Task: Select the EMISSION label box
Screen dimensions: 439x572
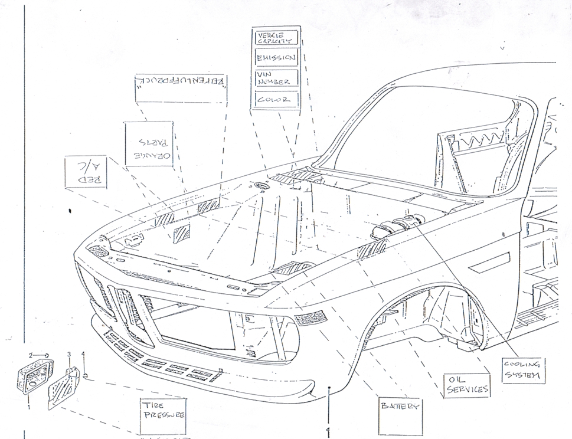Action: [276, 58]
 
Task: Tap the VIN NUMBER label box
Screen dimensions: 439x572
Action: [276, 78]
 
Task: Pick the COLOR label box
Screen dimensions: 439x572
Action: [276, 100]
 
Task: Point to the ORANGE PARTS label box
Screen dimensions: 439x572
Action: [149, 144]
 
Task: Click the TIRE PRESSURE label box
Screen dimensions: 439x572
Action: [162, 411]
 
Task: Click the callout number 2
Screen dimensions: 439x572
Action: [31, 355]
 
